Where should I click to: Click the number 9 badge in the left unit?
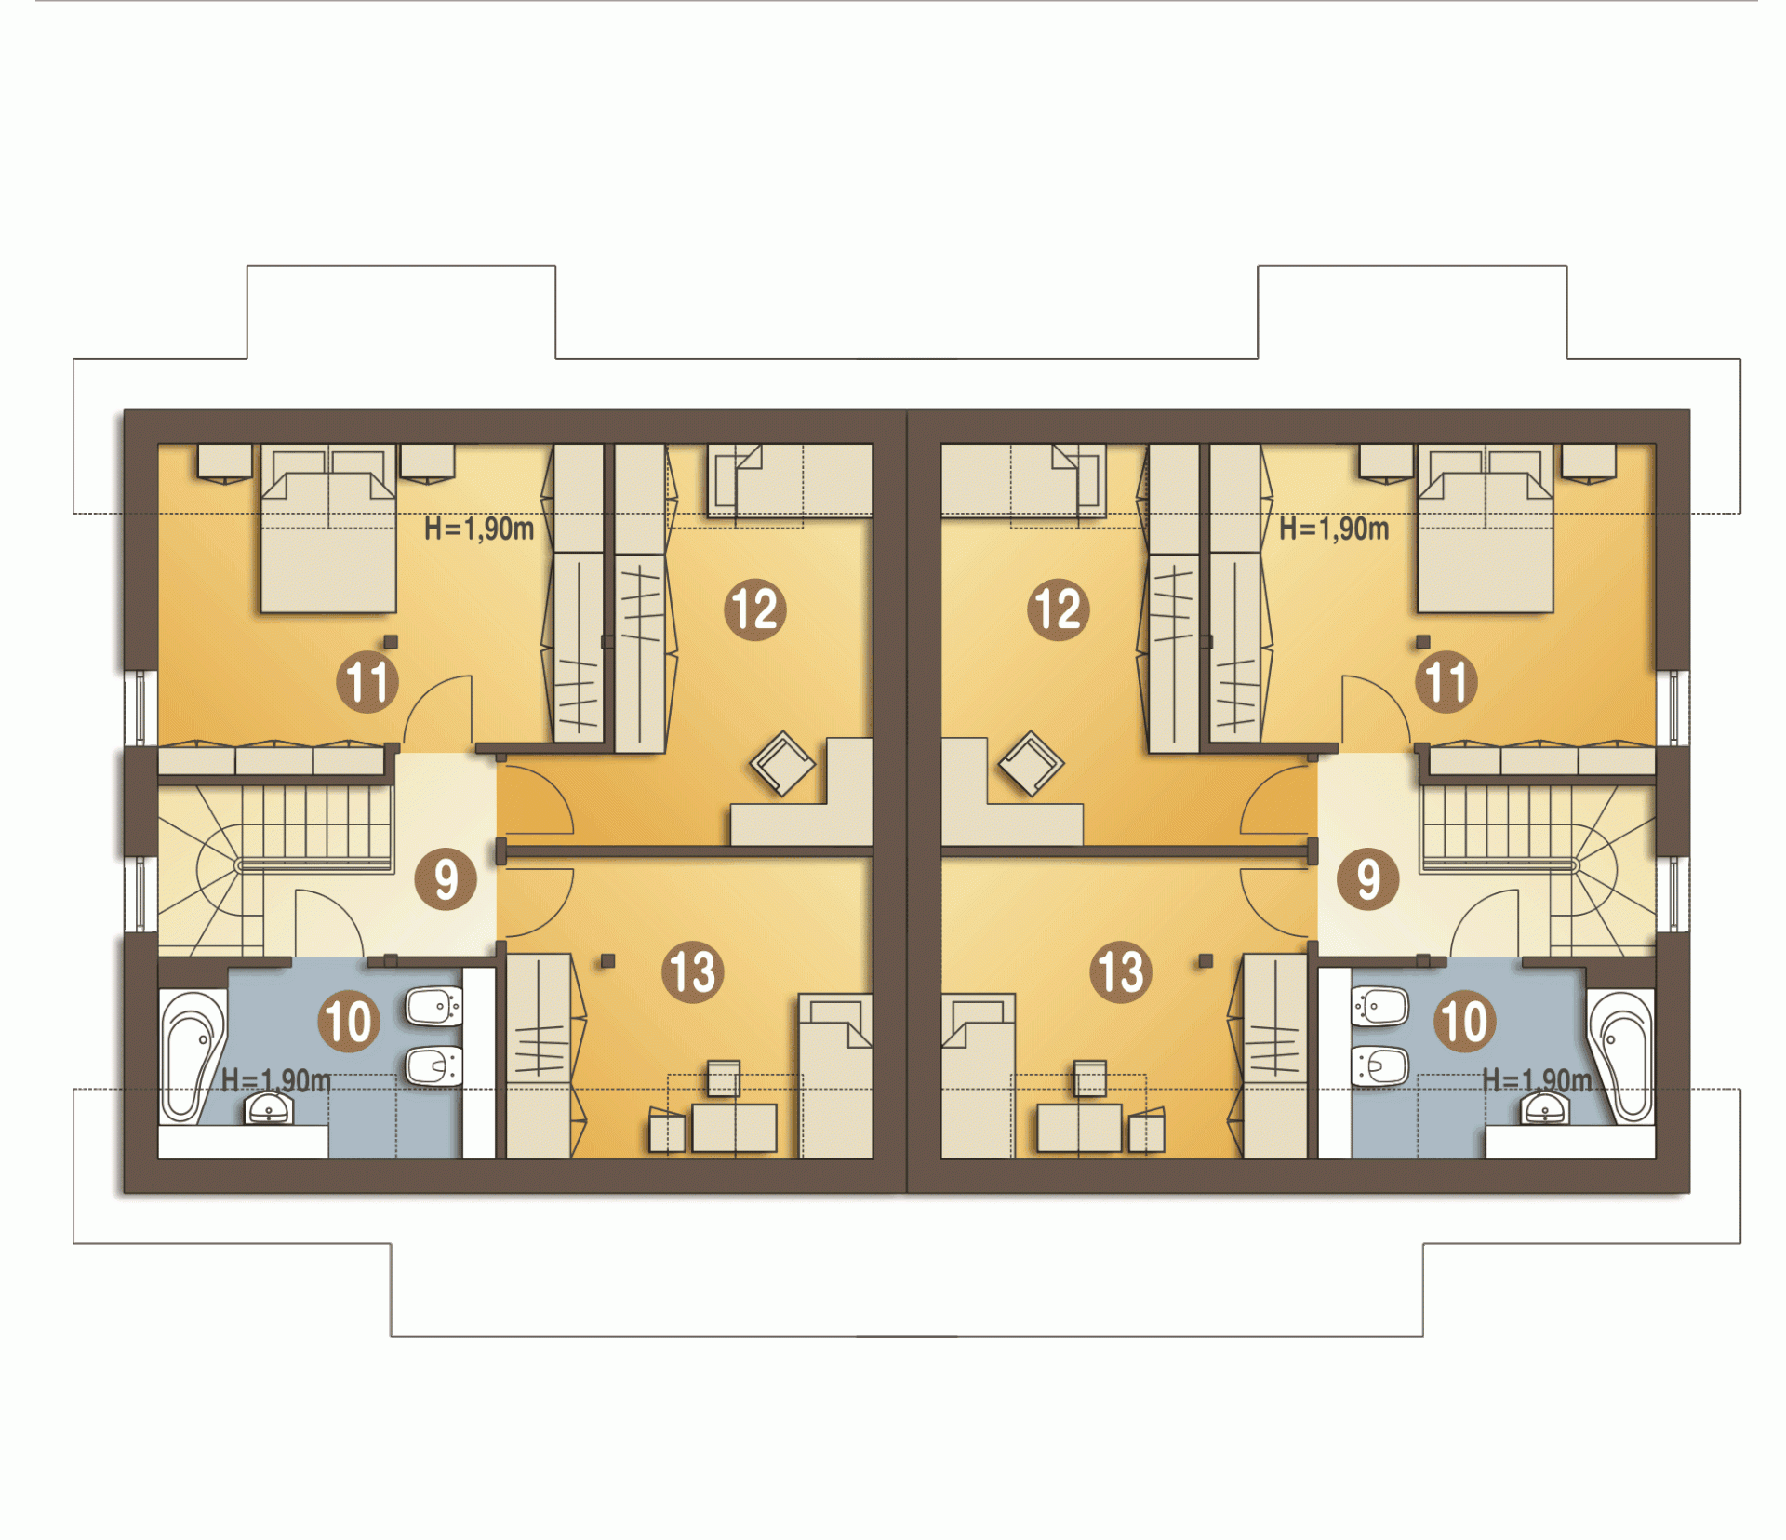tap(446, 878)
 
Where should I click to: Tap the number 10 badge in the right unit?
tap(1465, 1021)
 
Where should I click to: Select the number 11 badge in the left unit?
tap(367, 681)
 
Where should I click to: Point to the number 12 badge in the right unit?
tap(1059, 609)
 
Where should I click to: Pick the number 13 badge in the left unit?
tap(693, 971)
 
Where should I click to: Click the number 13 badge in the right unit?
tap(1121, 971)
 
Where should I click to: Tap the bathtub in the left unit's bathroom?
tap(193, 1057)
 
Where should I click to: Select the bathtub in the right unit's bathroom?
tap(1621, 1057)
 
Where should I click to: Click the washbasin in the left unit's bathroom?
tap(269, 1108)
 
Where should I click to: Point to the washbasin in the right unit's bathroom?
tap(1545, 1108)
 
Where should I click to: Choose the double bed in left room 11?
tap(328, 528)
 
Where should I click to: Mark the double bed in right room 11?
tap(1486, 528)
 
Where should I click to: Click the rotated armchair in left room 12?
tap(782, 763)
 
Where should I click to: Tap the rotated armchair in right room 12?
tap(1032, 763)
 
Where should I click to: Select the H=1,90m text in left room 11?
tap(479, 529)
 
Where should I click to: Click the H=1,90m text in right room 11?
tap(1334, 529)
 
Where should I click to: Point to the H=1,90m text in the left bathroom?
tap(275, 1080)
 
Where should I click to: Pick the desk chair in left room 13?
tap(724, 1078)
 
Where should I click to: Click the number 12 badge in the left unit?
tap(755, 609)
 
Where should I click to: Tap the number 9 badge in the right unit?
tap(1368, 878)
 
